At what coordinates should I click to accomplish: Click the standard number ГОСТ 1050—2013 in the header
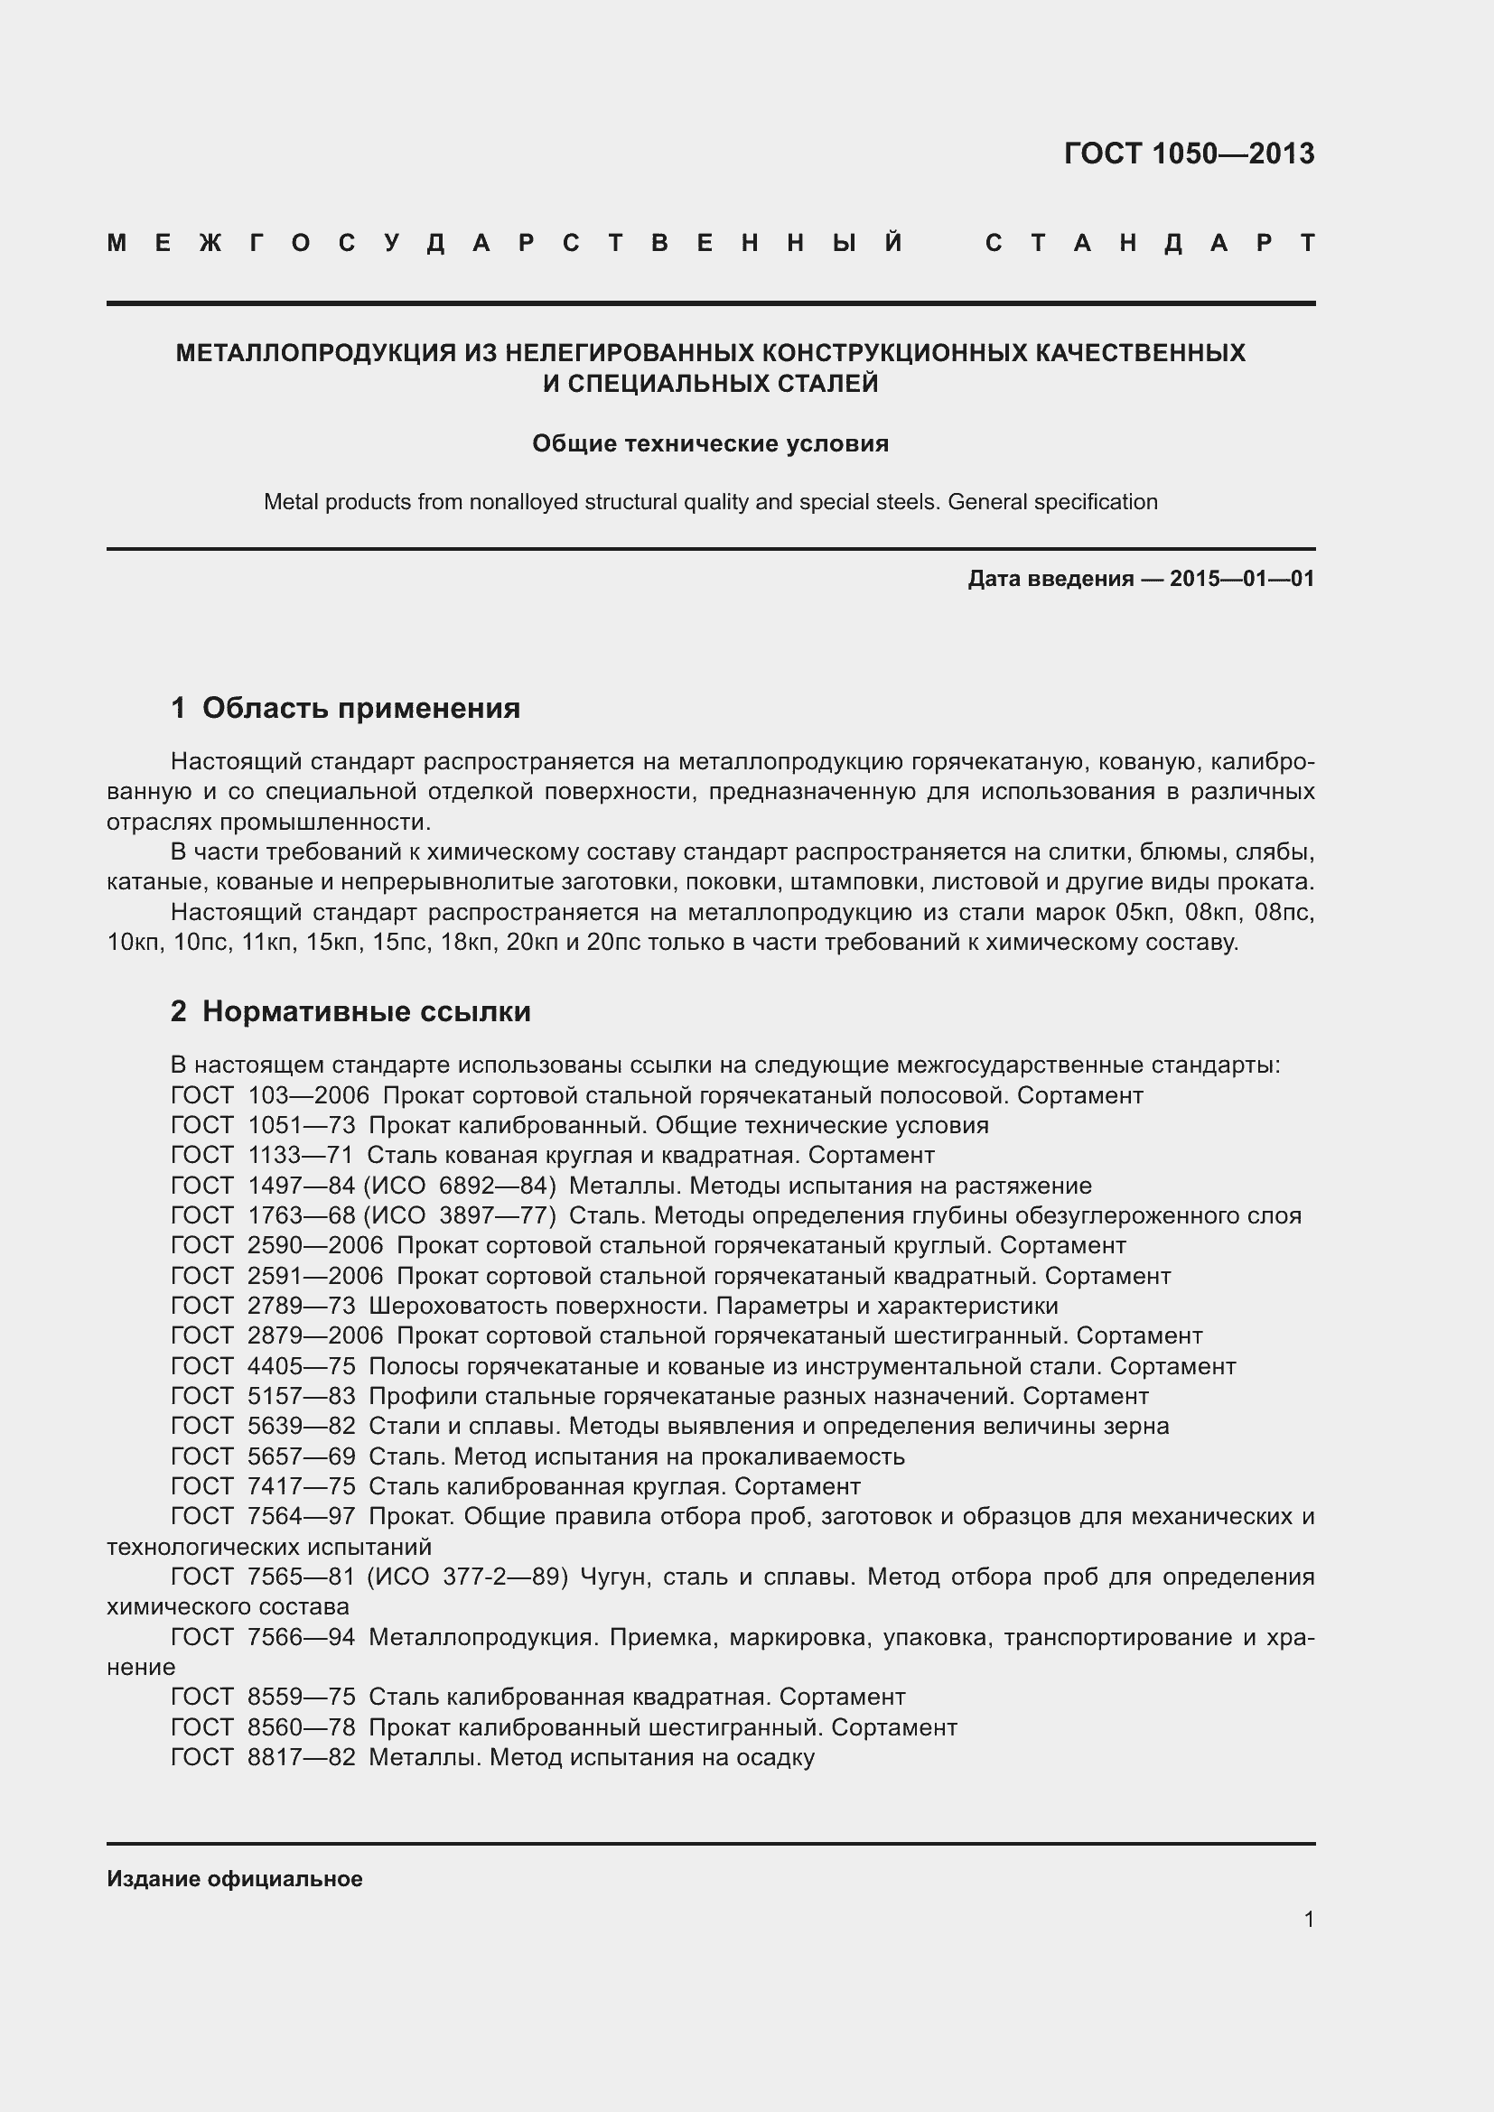coord(1189,154)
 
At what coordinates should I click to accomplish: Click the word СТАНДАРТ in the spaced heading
coord(1150,244)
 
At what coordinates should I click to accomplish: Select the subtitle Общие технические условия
coord(710,444)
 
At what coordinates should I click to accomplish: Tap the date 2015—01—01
coord(1242,579)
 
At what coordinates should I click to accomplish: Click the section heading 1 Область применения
coord(345,708)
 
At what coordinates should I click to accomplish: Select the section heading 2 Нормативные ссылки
coord(350,1012)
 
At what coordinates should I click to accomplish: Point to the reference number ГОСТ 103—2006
coord(269,1095)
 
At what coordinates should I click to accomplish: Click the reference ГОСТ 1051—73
coord(263,1126)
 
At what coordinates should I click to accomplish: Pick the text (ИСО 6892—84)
coord(460,1186)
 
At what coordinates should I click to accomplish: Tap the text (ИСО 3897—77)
coord(460,1216)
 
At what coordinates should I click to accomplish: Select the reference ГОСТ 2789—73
coord(263,1307)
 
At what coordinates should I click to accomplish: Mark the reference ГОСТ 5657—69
coord(263,1457)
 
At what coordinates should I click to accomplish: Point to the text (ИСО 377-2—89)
coord(467,1577)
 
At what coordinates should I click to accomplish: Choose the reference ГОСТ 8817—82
coord(263,1758)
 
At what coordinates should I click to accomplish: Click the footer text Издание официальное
coord(235,1879)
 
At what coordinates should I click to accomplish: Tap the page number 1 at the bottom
coord(1308,1920)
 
